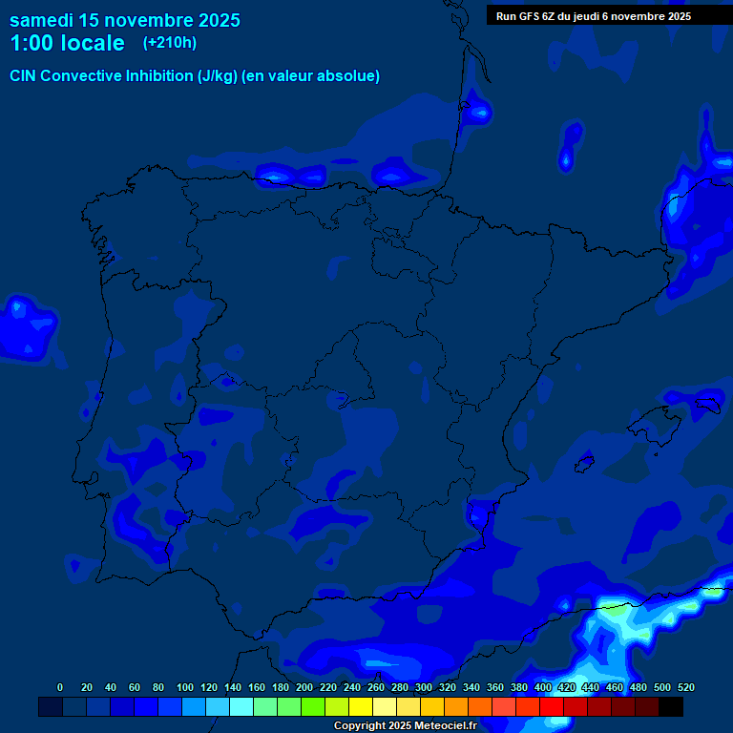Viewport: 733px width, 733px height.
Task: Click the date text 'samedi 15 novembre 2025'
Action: [x=124, y=20]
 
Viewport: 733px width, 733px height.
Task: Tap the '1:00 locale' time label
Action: [x=67, y=43]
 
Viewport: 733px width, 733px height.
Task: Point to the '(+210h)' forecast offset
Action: [x=170, y=42]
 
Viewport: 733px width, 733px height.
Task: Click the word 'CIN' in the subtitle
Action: [x=25, y=75]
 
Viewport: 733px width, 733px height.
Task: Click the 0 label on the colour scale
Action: [x=60, y=687]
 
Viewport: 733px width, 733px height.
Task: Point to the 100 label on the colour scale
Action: [x=185, y=687]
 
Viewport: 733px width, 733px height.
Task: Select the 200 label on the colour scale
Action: [x=304, y=687]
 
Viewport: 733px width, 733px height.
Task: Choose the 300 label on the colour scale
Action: [x=424, y=687]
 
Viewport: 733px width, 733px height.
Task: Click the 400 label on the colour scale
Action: [x=543, y=687]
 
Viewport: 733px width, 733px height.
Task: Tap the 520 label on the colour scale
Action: [x=685, y=687]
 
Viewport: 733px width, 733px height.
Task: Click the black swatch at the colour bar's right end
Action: [x=671, y=706]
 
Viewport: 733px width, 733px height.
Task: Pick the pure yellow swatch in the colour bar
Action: [x=361, y=706]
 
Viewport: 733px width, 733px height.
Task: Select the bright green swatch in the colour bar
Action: [x=313, y=706]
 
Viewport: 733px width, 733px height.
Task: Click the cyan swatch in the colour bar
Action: [x=241, y=706]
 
